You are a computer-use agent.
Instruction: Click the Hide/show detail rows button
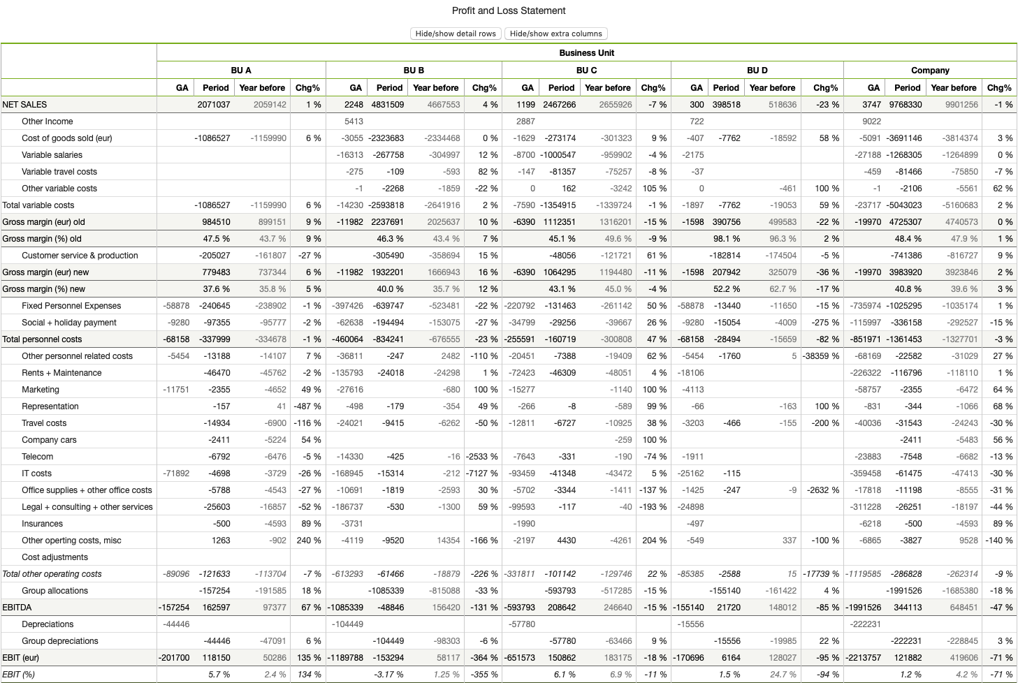tap(456, 34)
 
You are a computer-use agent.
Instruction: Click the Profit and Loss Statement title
tap(509, 10)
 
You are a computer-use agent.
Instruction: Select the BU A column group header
tap(241, 71)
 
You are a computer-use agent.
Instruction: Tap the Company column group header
tap(930, 71)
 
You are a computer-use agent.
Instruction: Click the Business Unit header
tap(586, 53)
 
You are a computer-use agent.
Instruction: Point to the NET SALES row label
tap(25, 105)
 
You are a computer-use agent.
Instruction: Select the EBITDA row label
tap(17, 608)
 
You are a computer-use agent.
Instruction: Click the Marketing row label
tap(41, 390)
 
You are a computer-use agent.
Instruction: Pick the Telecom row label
tap(38, 457)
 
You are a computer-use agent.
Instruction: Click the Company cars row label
tap(49, 440)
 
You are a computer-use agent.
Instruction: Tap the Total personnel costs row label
tap(43, 339)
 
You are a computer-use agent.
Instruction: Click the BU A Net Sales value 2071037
tap(214, 105)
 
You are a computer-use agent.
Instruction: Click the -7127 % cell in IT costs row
tap(482, 473)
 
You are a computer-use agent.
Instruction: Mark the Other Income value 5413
tap(354, 122)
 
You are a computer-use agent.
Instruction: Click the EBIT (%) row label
tap(19, 675)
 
